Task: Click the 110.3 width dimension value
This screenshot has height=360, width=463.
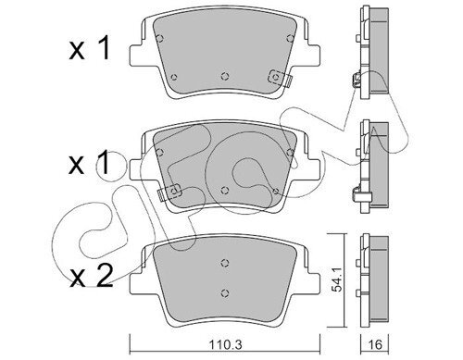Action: [225, 344]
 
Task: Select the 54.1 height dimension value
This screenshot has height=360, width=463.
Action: [336, 279]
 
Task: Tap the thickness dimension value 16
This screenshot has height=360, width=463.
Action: [375, 344]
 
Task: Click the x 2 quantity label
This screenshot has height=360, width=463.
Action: [90, 276]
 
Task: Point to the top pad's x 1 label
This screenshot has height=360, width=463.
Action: [89, 48]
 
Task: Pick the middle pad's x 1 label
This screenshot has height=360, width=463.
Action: [89, 163]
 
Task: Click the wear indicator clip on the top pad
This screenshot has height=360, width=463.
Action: [280, 78]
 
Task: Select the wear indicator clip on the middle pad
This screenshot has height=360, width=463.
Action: [170, 192]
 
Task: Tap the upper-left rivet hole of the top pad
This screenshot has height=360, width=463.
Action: [160, 39]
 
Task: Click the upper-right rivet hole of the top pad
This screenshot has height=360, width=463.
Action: [290, 38]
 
